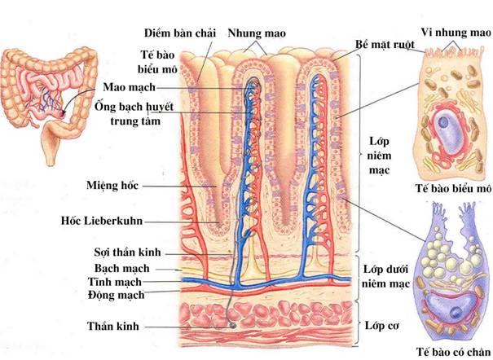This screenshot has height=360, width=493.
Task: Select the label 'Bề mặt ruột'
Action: [x=386, y=42]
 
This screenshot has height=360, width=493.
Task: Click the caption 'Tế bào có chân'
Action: [x=452, y=350]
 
